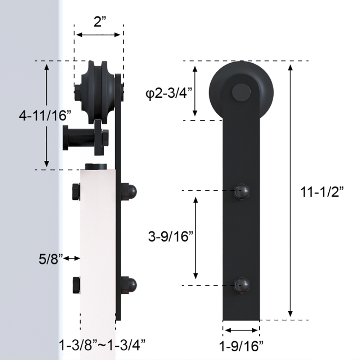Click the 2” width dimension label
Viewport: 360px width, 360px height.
coord(100,22)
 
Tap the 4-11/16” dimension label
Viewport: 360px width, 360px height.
coord(45,116)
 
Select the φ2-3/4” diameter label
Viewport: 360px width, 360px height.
coord(168,94)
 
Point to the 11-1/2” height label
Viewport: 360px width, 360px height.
coord(322,192)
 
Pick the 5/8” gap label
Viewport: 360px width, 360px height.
coord(50,259)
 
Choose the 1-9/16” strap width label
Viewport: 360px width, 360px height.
coord(241,346)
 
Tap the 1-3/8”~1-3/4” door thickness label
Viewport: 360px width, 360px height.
coord(102,345)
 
